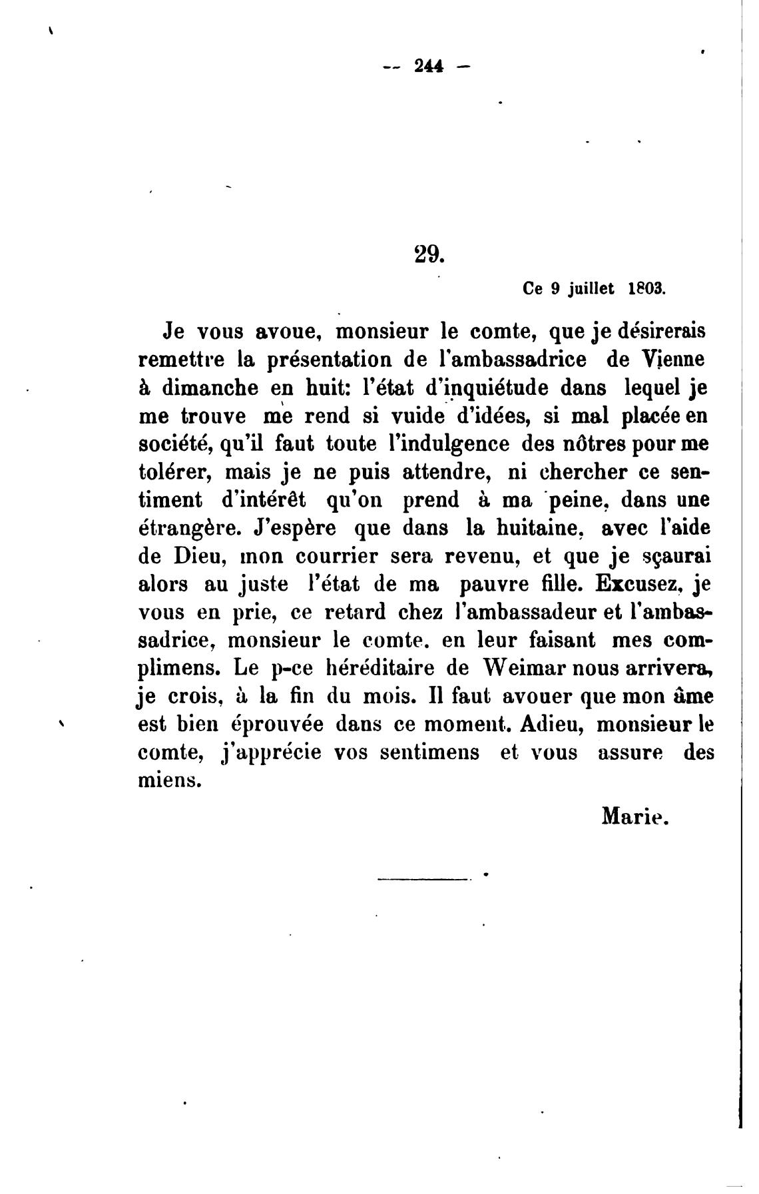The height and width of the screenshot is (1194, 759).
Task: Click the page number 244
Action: [x=428, y=66]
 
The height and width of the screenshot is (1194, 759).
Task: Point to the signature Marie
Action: [x=634, y=815]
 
